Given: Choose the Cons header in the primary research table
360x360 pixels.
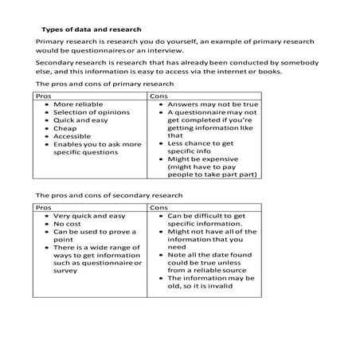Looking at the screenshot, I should pos(160,95).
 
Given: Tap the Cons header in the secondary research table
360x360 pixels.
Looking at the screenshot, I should pos(160,206).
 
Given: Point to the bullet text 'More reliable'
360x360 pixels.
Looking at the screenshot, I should pos(79,104).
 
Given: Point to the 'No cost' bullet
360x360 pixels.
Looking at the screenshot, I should pos(68,225).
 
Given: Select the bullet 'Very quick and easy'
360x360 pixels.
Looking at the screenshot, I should pos(89,215).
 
